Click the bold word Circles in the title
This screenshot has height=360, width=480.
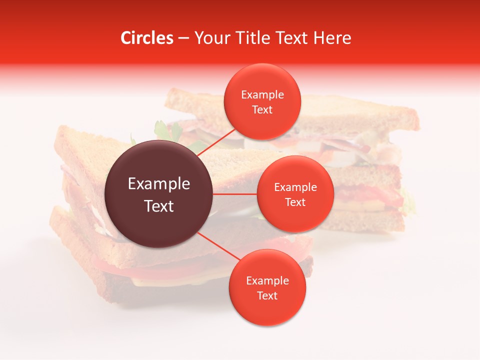click(147, 38)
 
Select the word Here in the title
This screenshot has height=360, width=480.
click(333, 38)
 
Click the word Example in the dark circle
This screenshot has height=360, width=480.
click(159, 184)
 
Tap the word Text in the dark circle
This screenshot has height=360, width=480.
click(159, 206)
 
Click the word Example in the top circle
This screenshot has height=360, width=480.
click(262, 95)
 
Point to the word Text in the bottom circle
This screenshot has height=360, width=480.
click(267, 296)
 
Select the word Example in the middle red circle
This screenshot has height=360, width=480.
click(295, 187)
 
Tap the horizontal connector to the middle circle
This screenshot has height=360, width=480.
click(235, 194)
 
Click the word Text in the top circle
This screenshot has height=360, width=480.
click(262, 110)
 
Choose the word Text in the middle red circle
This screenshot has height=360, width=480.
click(295, 202)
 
